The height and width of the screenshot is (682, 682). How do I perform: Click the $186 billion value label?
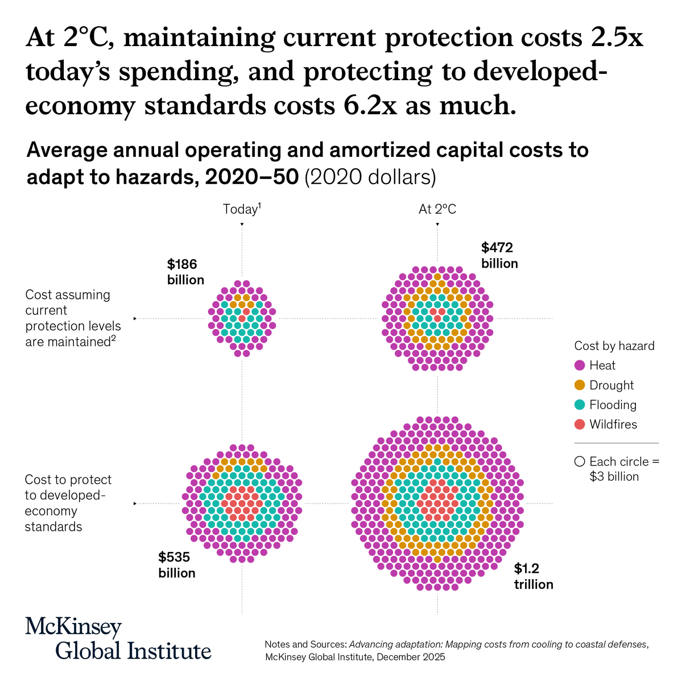click(x=185, y=272)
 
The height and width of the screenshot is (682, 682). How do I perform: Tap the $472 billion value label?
click(x=499, y=255)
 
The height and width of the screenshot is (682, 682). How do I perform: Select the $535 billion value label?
click(x=177, y=564)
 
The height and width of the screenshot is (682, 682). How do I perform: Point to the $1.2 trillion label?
click(x=534, y=576)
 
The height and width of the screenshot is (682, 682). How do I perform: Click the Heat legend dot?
click(x=580, y=365)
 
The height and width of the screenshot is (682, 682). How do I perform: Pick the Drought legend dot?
click(x=580, y=385)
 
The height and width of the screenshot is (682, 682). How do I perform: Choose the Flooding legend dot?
click(x=580, y=405)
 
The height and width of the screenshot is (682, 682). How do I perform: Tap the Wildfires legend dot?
click(x=580, y=425)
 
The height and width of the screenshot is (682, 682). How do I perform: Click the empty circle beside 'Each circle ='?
click(x=580, y=462)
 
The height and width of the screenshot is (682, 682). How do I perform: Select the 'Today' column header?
click(x=241, y=209)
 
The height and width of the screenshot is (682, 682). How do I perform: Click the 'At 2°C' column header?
click(x=437, y=209)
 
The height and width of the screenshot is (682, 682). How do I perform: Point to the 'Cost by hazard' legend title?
click(x=614, y=346)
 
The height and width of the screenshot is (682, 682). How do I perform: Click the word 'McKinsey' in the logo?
click(x=73, y=627)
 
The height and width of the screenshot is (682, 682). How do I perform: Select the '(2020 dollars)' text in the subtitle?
click(x=370, y=177)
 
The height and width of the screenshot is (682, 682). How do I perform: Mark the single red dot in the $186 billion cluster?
click(x=246, y=311)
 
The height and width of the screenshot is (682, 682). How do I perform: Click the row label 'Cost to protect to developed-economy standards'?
click(x=68, y=503)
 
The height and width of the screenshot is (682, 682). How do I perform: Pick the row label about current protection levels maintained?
click(x=73, y=318)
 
